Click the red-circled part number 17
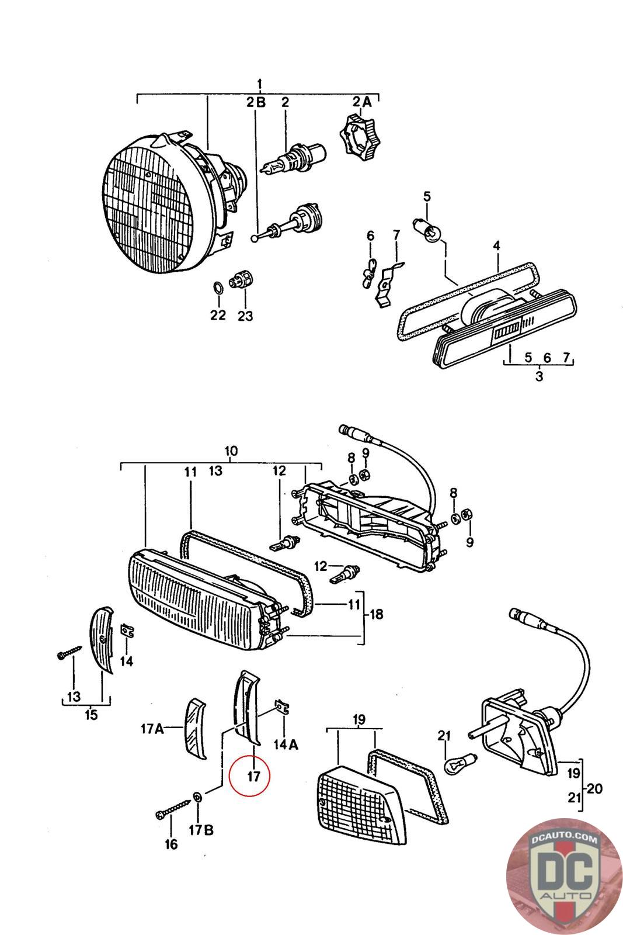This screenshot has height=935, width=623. pyautogui.click(x=253, y=776)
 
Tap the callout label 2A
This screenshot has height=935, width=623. pyautogui.click(x=361, y=102)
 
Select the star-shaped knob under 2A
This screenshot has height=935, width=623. pyautogui.click(x=356, y=137)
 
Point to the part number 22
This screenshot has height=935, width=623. pyautogui.click(x=217, y=315)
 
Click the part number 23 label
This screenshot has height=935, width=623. pyautogui.click(x=245, y=316)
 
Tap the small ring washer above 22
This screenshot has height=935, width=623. pyautogui.click(x=216, y=288)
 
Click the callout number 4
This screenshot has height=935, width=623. pyautogui.click(x=496, y=246)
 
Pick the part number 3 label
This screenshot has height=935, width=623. pyautogui.click(x=538, y=376)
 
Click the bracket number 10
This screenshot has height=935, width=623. pyautogui.click(x=231, y=451)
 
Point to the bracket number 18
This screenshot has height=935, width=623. pyautogui.click(x=376, y=614)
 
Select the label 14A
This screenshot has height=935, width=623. pyautogui.click(x=286, y=744)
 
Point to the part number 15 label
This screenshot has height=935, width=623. pyautogui.click(x=91, y=714)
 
